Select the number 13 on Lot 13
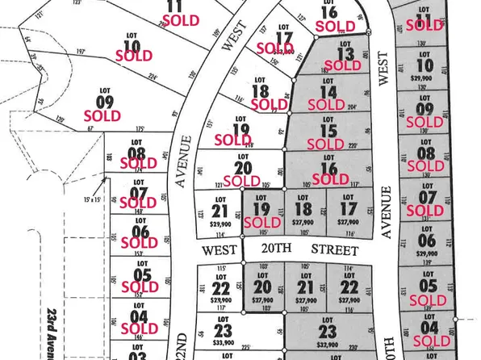(345, 54)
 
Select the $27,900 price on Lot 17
(347, 220)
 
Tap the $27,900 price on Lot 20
(260, 297)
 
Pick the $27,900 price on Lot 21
(304, 298)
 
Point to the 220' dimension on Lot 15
(352, 145)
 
